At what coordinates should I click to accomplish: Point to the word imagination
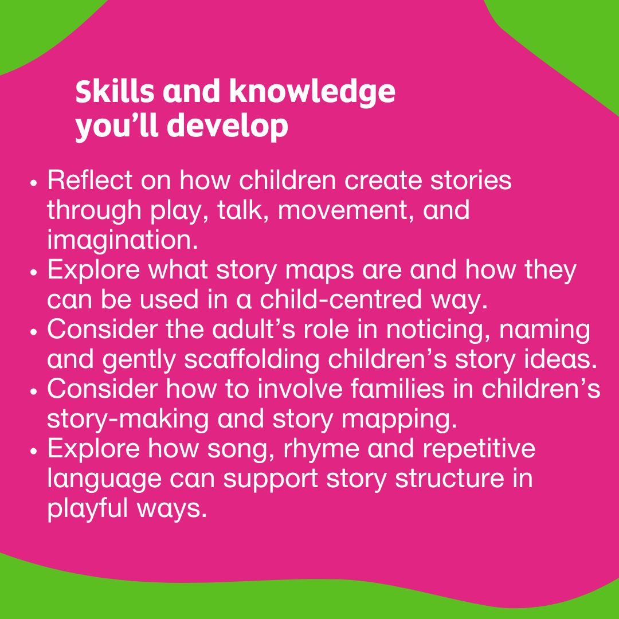click(122, 240)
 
